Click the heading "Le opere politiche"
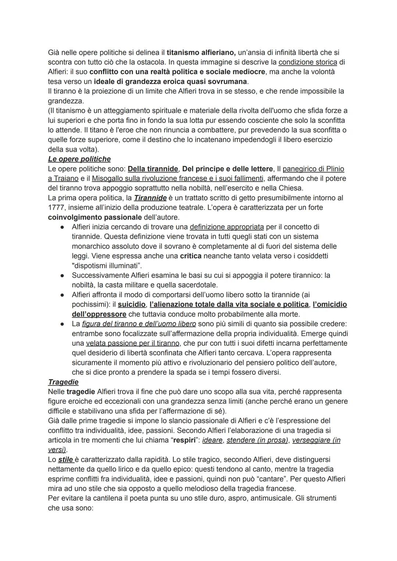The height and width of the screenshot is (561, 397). [x=79, y=159]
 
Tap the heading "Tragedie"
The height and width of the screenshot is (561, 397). [x=63, y=382]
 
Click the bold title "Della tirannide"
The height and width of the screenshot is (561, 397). [x=153, y=169]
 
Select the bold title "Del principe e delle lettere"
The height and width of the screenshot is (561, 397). [x=228, y=169]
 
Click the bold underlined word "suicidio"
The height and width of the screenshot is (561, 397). [x=132, y=305]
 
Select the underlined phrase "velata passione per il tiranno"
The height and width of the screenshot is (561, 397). [x=133, y=343]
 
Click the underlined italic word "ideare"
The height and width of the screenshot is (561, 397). [x=212, y=440]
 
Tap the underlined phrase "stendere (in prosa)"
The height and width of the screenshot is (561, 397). [x=257, y=440]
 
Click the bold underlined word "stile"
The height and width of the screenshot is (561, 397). [x=66, y=459]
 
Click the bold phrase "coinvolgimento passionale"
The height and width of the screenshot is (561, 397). [x=95, y=217]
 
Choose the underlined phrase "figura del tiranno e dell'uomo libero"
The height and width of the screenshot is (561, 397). [x=139, y=324]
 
